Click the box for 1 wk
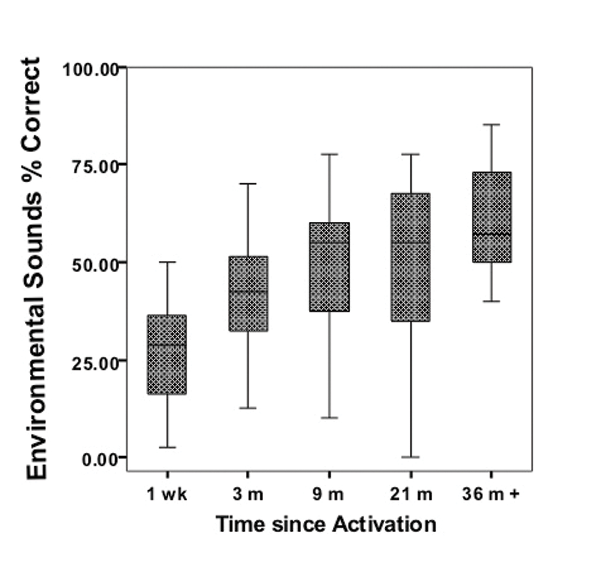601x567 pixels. click(x=167, y=354)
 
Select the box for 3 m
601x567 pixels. click(x=248, y=293)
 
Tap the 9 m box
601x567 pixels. click(x=329, y=267)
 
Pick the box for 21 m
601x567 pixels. click(x=411, y=257)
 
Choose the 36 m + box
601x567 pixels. click(x=491, y=217)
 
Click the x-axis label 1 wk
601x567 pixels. click(x=167, y=495)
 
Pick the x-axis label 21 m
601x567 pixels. click(x=411, y=495)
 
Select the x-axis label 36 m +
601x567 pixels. click(x=491, y=495)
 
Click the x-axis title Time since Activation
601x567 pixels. click(x=326, y=524)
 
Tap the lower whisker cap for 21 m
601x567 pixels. click(x=411, y=457)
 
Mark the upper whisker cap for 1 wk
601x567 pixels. click(x=167, y=262)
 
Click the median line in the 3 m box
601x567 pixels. click(x=248, y=291)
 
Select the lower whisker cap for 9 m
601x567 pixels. click(x=329, y=418)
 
